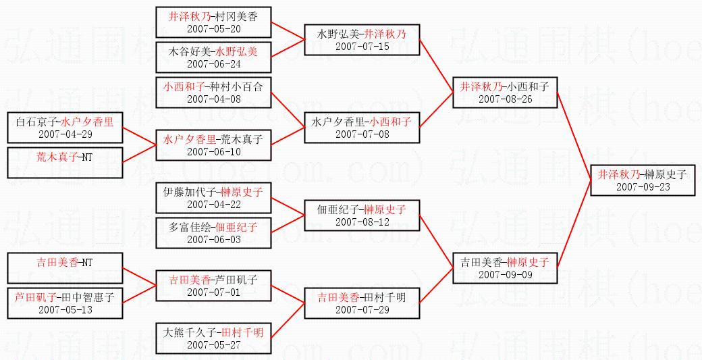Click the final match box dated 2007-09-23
[642, 180]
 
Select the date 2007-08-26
[505, 99]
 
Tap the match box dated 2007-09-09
[505, 267]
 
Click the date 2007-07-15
[362, 46]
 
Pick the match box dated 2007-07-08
[362, 127]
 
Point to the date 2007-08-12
[362, 222]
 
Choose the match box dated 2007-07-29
[362, 303]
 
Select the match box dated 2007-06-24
[214, 57]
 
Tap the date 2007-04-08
[214, 99]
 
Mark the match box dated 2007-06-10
[214, 145]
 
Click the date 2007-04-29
[65, 134]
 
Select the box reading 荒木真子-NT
[65, 162]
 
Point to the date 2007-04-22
[214, 204]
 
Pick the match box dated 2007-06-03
[214, 232]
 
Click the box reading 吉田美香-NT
[65, 267]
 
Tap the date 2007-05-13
[65, 309]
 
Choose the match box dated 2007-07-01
[214, 285]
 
